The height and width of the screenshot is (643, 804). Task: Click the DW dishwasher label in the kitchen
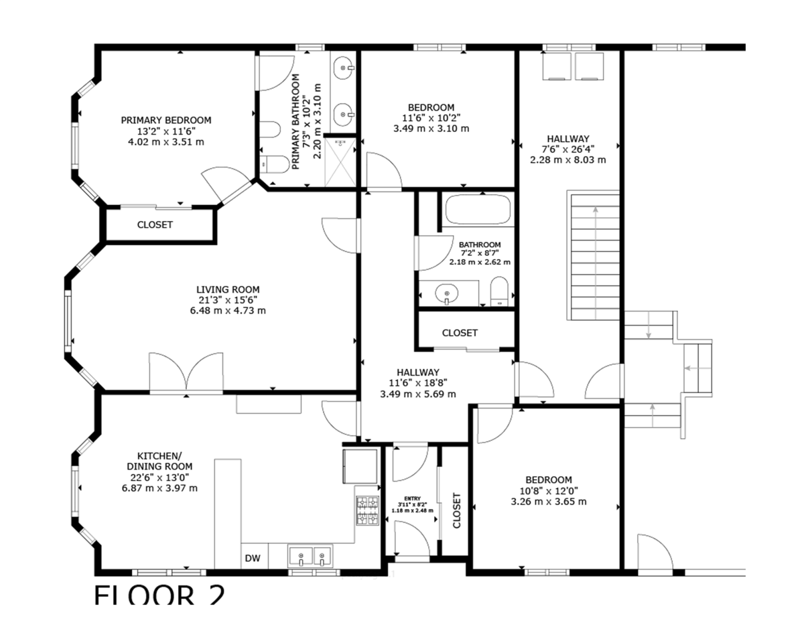253,558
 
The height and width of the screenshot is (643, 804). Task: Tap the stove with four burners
366,510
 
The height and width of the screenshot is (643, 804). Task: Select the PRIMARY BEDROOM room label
165,121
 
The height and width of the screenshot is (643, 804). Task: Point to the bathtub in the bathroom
478,210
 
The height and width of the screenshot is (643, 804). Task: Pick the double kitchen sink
310,557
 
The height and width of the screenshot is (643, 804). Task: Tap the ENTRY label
411,498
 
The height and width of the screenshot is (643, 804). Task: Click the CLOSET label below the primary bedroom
155,225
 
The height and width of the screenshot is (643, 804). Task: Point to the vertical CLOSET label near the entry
457,511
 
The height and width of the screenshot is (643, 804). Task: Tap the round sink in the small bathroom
446,293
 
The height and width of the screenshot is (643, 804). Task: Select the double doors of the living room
186,372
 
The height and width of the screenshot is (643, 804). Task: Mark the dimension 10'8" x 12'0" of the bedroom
549,491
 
